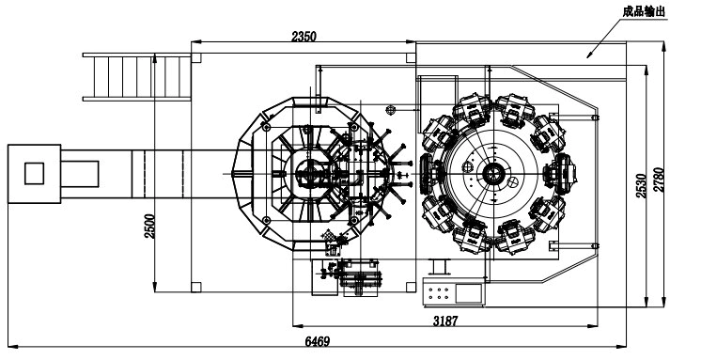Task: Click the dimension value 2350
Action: pyautogui.click(x=304, y=37)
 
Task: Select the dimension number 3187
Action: pyautogui.click(x=445, y=321)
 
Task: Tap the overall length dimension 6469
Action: pyautogui.click(x=318, y=341)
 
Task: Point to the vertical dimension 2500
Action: pyautogui.click(x=149, y=227)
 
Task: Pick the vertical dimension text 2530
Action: pyautogui.click(x=641, y=186)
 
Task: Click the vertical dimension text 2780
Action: pyautogui.click(x=659, y=180)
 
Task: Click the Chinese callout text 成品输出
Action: pyautogui.click(x=645, y=11)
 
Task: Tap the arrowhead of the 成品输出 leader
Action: pyautogui.click(x=589, y=55)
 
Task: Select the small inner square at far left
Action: pyautogui.click(x=34, y=174)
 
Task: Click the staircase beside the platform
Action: pyautogui.click(x=137, y=77)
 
